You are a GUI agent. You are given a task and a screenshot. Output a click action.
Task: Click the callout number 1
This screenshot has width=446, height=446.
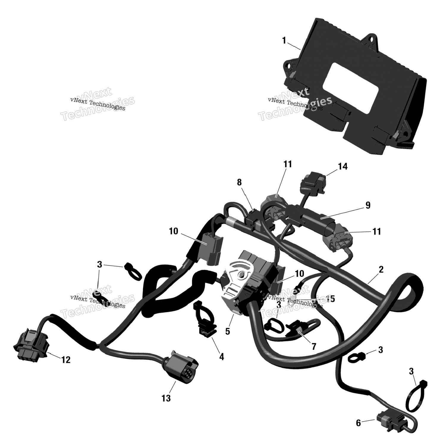tap(284, 40)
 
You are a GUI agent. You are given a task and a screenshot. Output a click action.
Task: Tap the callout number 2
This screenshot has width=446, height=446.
tap(381, 269)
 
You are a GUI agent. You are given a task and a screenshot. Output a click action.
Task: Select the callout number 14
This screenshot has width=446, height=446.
tap(343, 167)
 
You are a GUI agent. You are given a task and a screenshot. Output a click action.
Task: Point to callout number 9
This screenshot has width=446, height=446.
tap(368, 205)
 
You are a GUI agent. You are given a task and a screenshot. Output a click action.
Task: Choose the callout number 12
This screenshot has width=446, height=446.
tap(66, 360)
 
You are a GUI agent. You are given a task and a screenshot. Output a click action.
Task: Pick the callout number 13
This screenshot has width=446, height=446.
tap(166, 398)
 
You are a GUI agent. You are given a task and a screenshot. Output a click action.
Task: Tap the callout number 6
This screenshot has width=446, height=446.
tap(358, 423)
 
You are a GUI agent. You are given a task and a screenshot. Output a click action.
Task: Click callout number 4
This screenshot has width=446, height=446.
tap(222, 357)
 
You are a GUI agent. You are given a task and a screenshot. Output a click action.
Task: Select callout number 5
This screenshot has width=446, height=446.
tap(227, 331)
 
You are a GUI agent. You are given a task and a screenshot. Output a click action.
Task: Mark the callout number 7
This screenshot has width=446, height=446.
tap(314, 346)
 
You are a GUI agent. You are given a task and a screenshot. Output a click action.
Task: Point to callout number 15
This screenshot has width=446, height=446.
tap(330, 299)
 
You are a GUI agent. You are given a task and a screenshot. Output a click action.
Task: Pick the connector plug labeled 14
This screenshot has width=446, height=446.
tap(312, 180)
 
